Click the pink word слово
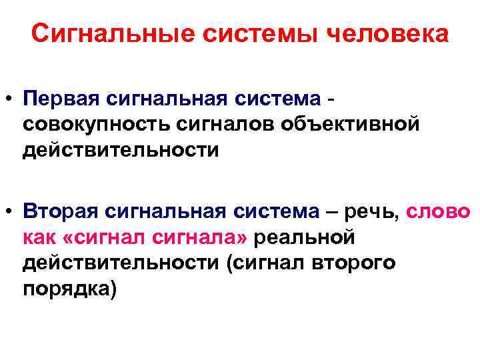point(441,211)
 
